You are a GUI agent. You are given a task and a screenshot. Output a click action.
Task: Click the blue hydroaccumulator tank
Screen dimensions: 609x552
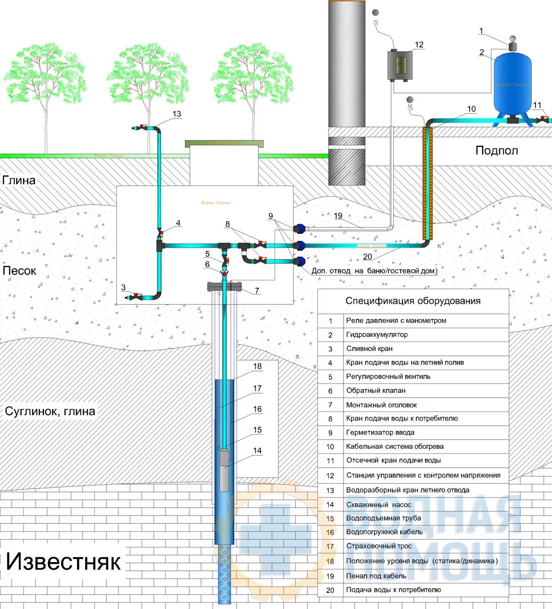tap(512, 85)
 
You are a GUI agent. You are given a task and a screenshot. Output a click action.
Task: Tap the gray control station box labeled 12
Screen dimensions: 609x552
tap(399, 65)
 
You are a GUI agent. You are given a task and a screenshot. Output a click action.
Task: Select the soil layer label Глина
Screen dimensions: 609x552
tap(19, 180)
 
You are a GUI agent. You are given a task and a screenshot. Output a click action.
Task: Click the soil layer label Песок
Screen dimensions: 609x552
tap(19, 271)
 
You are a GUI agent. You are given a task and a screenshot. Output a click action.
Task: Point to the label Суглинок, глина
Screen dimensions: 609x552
tap(50, 411)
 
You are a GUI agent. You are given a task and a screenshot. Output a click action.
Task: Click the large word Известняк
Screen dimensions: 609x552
tap(63, 562)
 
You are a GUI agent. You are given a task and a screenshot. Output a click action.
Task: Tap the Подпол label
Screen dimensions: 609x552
tap(496, 151)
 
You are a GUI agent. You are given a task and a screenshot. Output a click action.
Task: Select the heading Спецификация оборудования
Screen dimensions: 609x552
tap(413, 301)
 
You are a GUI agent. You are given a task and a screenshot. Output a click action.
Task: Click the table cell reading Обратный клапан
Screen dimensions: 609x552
tap(375, 390)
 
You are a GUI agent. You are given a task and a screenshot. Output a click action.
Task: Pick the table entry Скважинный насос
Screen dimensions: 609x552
tap(378, 505)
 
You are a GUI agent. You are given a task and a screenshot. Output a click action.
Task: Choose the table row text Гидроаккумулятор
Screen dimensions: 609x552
tap(376, 335)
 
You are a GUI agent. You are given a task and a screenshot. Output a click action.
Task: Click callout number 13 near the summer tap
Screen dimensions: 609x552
tap(177, 114)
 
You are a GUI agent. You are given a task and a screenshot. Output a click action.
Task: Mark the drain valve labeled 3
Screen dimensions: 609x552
tap(136, 296)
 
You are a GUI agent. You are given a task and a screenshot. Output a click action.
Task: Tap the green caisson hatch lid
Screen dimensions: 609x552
tap(224, 144)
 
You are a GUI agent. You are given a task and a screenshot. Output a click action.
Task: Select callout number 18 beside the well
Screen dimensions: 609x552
tap(257, 366)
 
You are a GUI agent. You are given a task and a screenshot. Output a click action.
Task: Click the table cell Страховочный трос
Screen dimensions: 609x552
tap(379, 546)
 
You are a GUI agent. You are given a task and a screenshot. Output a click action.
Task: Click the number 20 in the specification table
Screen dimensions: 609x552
tap(330, 590)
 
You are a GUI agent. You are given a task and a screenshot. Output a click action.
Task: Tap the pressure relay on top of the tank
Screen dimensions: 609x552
tap(512, 45)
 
